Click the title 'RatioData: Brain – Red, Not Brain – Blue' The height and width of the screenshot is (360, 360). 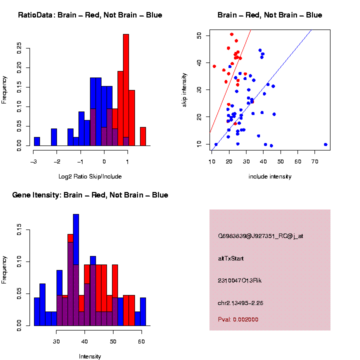(90, 15)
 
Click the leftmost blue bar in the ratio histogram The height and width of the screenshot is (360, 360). (36, 141)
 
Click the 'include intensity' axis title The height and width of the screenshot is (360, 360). (269, 176)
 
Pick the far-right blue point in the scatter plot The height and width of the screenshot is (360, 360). (325, 144)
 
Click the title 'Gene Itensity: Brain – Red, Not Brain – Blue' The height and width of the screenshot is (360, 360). (90, 195)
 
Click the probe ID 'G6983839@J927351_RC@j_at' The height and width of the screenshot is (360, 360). (260, 236)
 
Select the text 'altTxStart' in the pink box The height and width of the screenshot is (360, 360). (230, 258)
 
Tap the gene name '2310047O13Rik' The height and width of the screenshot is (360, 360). (239, 280)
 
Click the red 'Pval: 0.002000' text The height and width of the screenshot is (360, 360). (238, 319)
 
